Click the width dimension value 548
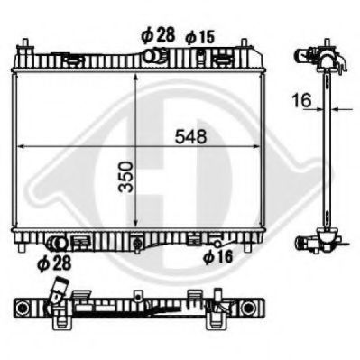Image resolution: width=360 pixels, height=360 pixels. coord(192,136)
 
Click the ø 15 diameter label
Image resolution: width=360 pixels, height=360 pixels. coord(200,36)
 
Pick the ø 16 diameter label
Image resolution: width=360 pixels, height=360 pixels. coord(217,257)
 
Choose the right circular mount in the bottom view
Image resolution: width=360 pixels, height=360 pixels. coord(217,318)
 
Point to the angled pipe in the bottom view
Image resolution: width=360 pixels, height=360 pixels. coord(59,293)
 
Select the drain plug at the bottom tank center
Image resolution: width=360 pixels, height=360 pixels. coord(135,243)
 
